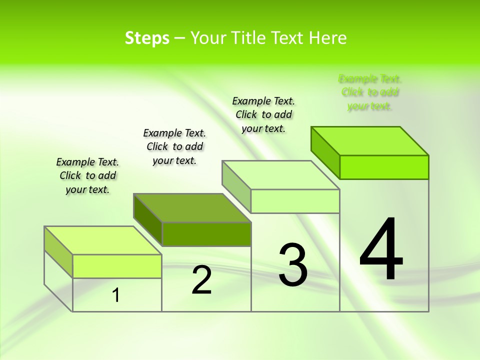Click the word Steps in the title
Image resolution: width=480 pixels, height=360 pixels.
(147, 38)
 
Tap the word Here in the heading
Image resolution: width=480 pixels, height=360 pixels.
(327, 38)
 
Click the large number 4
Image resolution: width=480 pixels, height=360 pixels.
(381, 249)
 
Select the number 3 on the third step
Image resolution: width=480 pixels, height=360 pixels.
(292, 265)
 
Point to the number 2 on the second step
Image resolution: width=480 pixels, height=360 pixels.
(202, 280)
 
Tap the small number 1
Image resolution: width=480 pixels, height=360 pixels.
(116, 295)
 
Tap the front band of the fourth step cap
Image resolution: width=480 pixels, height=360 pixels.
(384, 167)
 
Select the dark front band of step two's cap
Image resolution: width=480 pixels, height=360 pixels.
(206, 234)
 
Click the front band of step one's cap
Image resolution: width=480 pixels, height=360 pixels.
(117, 266)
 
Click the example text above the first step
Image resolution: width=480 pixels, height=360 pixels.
(87, 176)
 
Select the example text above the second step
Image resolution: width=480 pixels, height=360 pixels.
(174, 146)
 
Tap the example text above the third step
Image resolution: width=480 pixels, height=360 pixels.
(263, 114)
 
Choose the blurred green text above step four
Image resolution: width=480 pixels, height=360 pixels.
(370, 92)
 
